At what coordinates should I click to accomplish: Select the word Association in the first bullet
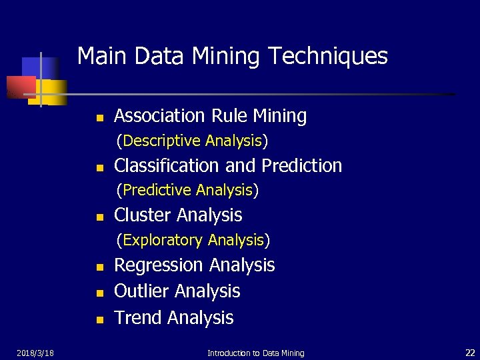point(160,116)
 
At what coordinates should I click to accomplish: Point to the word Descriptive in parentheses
point(162,141)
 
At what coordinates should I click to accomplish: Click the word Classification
point(169,165)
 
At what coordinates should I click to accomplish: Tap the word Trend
point(139,318)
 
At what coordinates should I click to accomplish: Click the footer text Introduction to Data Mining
point(255,353)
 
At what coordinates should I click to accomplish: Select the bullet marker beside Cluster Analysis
point(99,217)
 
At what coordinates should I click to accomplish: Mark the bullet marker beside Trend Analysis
point(99,320)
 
